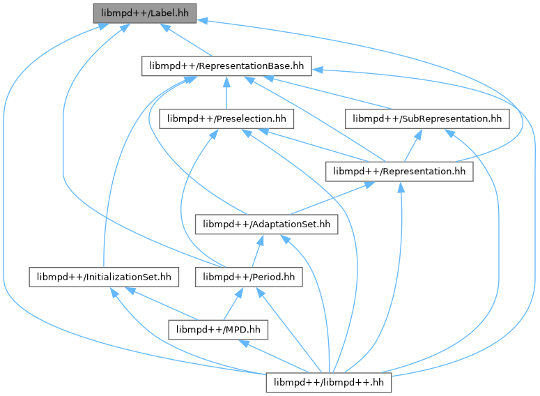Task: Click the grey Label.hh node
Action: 145,13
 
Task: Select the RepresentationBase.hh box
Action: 226,66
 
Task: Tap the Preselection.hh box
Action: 226,119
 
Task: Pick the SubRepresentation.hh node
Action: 427,119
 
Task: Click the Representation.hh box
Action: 399,172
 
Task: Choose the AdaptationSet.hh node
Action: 267,224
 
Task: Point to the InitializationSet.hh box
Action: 104,277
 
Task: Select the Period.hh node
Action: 249,277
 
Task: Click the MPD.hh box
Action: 218,330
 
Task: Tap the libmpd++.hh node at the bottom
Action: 329,383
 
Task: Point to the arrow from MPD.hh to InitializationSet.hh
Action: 161,304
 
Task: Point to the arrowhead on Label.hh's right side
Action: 202,21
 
